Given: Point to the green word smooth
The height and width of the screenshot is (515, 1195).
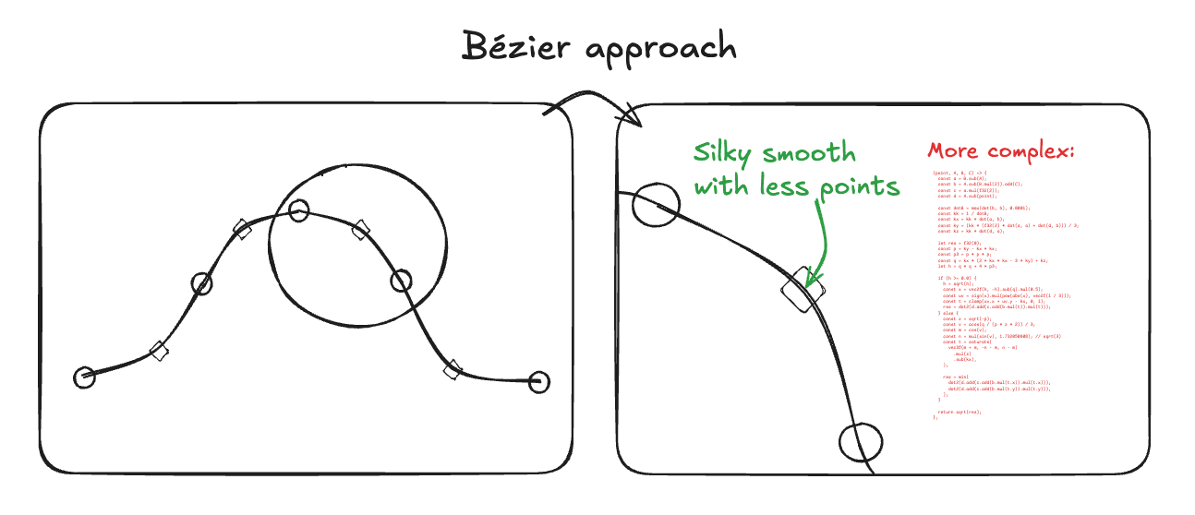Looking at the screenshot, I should [817, 153].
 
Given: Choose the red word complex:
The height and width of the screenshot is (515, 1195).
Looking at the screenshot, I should [1032, 152].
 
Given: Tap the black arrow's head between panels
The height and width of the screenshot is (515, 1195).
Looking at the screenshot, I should [635, 117].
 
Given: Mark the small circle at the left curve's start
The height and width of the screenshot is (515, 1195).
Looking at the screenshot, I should [84, 376].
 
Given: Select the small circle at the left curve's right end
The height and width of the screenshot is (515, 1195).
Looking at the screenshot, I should [539, 381].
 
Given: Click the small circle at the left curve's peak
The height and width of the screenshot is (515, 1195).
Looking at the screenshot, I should [297, 210].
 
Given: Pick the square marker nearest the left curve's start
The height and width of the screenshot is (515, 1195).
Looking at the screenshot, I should [159, 349].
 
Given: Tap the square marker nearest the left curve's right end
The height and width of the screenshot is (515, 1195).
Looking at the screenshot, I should [453, 370].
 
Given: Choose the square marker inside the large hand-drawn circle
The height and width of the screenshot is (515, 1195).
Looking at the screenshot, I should [361, 230].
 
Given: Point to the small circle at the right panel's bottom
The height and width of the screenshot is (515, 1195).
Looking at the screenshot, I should [861, 440].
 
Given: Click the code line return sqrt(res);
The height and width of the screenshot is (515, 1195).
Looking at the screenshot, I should [960, 412].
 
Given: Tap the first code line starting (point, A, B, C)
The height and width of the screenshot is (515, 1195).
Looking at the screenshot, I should [960, 173].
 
